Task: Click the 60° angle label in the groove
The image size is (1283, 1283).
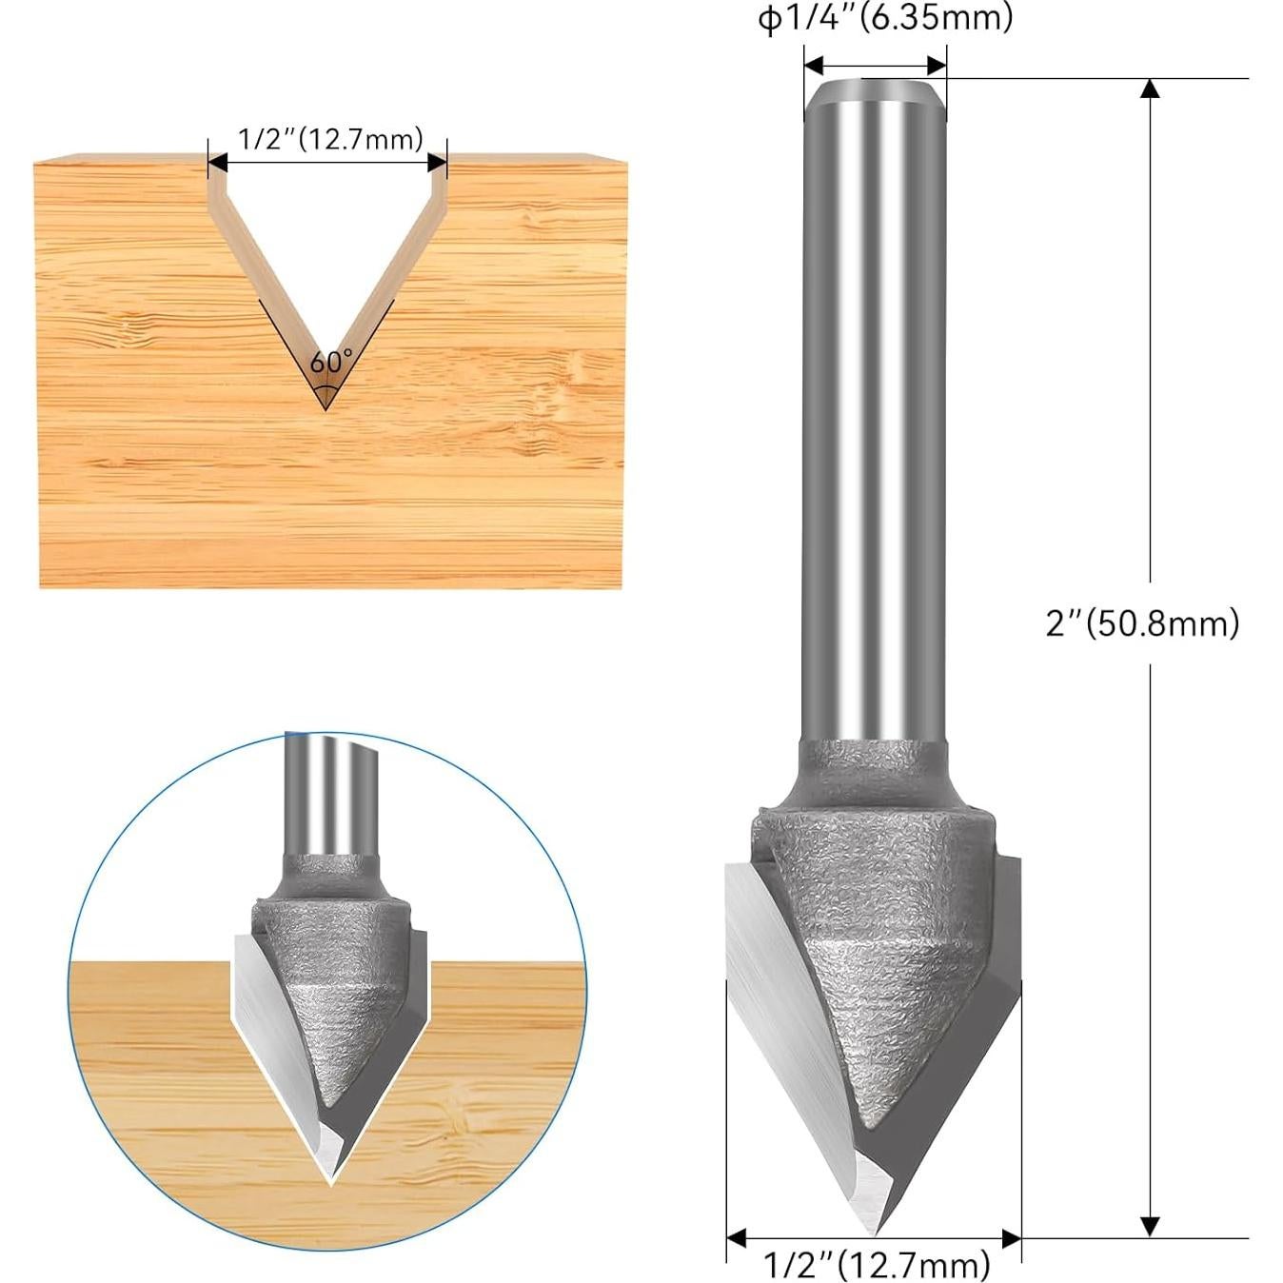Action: click(329, 362)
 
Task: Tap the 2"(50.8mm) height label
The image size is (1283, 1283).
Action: click(1142, 624)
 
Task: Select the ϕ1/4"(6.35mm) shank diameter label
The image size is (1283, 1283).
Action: click(885, 19)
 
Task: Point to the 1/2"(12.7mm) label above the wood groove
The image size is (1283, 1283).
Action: click(329, 140)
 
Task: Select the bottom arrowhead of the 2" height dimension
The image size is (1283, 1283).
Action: click(1150, 1226)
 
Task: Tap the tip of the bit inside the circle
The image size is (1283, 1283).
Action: click(330, 1180)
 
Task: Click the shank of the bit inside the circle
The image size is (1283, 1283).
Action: click(331, 799)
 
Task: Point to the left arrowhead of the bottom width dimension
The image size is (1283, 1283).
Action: click(736, 1238)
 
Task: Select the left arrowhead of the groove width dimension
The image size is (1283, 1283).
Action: click(218, 163)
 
